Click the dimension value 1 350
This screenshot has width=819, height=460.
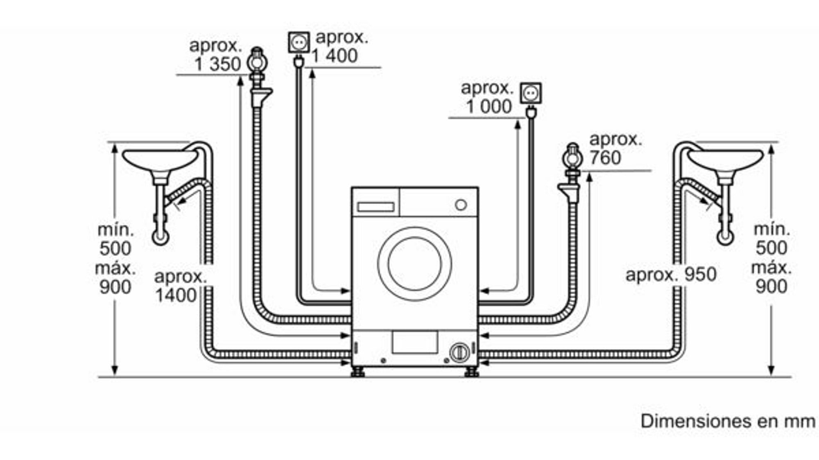point(217,64)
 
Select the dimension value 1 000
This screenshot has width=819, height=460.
point(489,107)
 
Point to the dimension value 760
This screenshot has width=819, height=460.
point(605,158)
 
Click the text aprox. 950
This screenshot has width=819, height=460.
point(671,275)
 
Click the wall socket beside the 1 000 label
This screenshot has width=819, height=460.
point(531,94)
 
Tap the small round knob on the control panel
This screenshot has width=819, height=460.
point(461,205)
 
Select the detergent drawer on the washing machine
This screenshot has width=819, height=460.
point(376,207)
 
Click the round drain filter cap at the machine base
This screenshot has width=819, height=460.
point(459,352)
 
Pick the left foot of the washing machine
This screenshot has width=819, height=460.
point(358,372)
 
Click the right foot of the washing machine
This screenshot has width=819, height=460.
point(471,372)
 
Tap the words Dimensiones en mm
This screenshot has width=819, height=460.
point(728,422)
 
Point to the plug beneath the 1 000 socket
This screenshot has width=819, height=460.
point(532,112)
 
